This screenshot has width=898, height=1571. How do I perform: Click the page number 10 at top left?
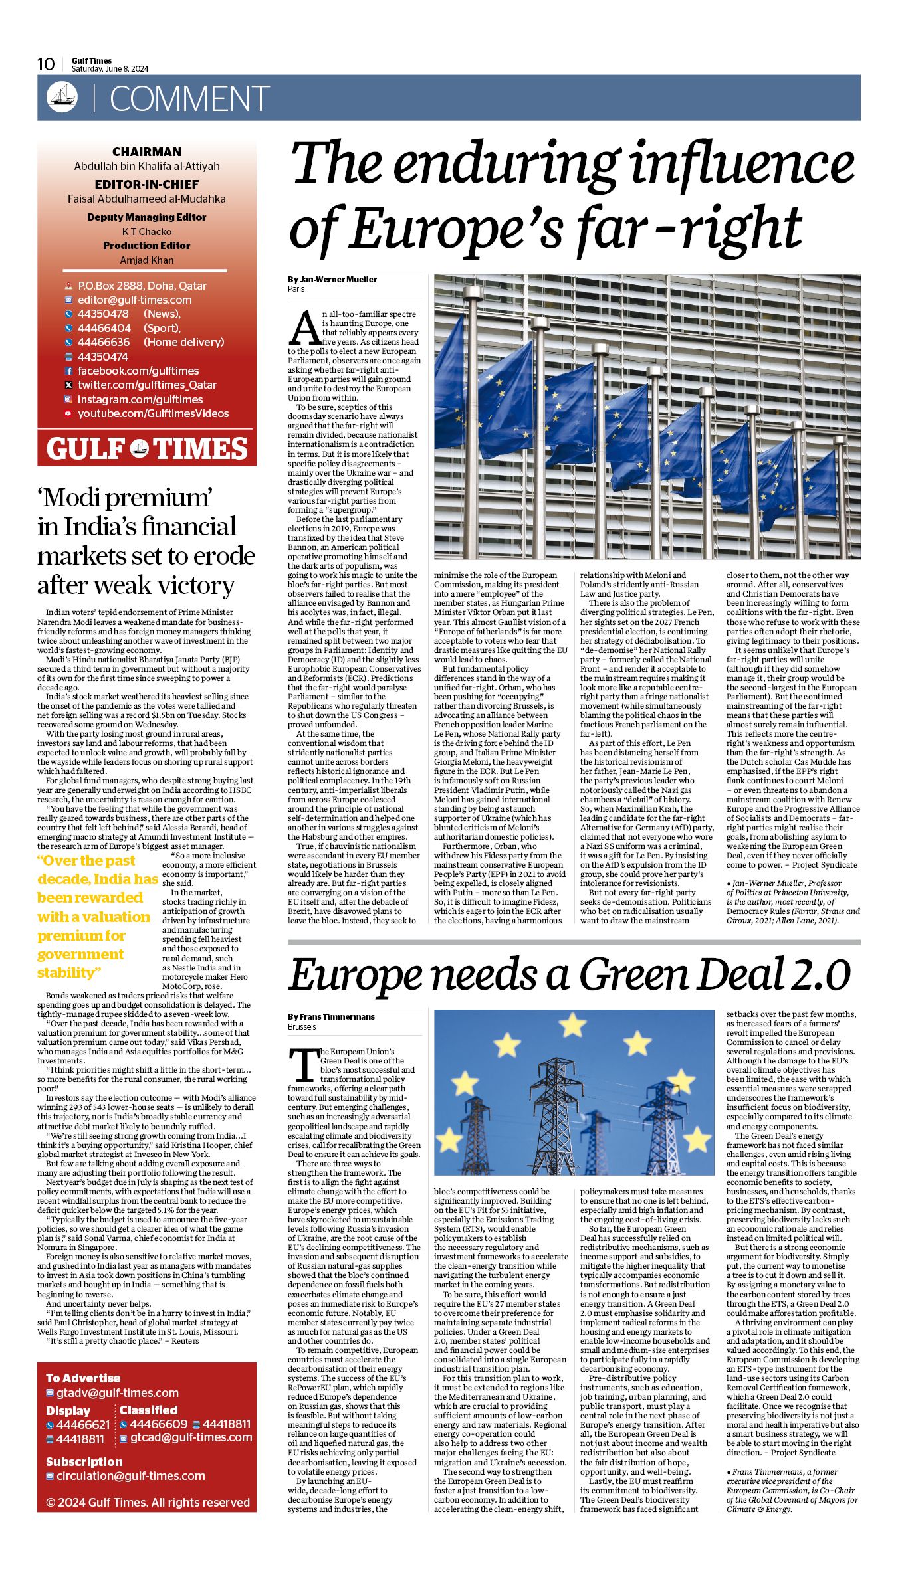click(46, 64)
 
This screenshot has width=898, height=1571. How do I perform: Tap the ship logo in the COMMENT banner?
click(62, 97)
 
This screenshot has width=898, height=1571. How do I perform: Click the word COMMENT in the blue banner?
click(189, 98)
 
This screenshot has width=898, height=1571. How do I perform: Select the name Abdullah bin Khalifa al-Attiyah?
click(147, 166)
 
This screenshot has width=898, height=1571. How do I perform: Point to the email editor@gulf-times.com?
click(134, 300)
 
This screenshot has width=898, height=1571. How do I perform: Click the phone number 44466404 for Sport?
click(104, 328)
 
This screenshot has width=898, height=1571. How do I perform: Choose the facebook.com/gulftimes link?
click(138, 371)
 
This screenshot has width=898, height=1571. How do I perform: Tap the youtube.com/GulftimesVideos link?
click(153, 413)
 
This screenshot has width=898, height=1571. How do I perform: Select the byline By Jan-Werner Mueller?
click(332, 279)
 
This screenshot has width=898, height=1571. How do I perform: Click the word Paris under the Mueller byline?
click(296, 289)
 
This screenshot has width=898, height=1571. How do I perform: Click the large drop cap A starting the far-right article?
click(305, 326)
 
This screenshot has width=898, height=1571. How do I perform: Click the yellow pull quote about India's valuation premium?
click(98, 916)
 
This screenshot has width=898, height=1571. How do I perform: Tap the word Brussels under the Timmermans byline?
click(302, 1026)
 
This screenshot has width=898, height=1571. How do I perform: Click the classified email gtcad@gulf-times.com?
click(191, 1437)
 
